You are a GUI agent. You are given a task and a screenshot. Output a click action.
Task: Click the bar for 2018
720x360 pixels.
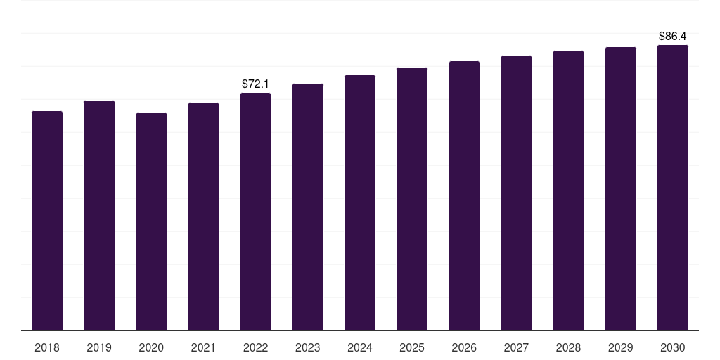[47, 221]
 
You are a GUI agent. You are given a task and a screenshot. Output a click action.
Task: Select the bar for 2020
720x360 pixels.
[151, 221]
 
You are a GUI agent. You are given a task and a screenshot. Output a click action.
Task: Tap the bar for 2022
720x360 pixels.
[255, 212]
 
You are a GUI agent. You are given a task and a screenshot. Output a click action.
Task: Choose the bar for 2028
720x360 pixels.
[568, 191]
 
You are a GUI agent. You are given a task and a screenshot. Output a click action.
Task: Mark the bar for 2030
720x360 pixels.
[673, 188]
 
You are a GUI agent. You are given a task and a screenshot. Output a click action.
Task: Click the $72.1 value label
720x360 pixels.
[255, 84]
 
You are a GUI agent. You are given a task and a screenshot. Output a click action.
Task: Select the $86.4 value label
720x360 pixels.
[673, 36]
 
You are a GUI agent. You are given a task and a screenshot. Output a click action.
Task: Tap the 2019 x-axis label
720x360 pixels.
[99, 347]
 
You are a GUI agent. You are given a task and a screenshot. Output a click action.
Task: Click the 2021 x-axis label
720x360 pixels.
[203, 347]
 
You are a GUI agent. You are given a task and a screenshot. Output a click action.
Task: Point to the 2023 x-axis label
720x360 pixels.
[308, 347]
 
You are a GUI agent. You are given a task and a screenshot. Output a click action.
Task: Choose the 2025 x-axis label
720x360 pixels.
[412, 347]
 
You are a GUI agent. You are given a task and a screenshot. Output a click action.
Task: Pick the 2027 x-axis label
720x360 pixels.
[516, 347]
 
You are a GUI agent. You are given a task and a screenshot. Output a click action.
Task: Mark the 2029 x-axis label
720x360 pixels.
[621, 347]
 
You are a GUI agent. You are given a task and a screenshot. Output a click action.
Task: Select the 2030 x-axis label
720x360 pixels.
[673, 347]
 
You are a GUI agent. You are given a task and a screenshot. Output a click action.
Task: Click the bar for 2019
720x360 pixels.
[99, 215]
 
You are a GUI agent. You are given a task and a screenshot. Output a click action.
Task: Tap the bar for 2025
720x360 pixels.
[412, 199]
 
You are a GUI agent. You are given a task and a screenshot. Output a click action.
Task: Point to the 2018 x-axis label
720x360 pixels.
[47, 347]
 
